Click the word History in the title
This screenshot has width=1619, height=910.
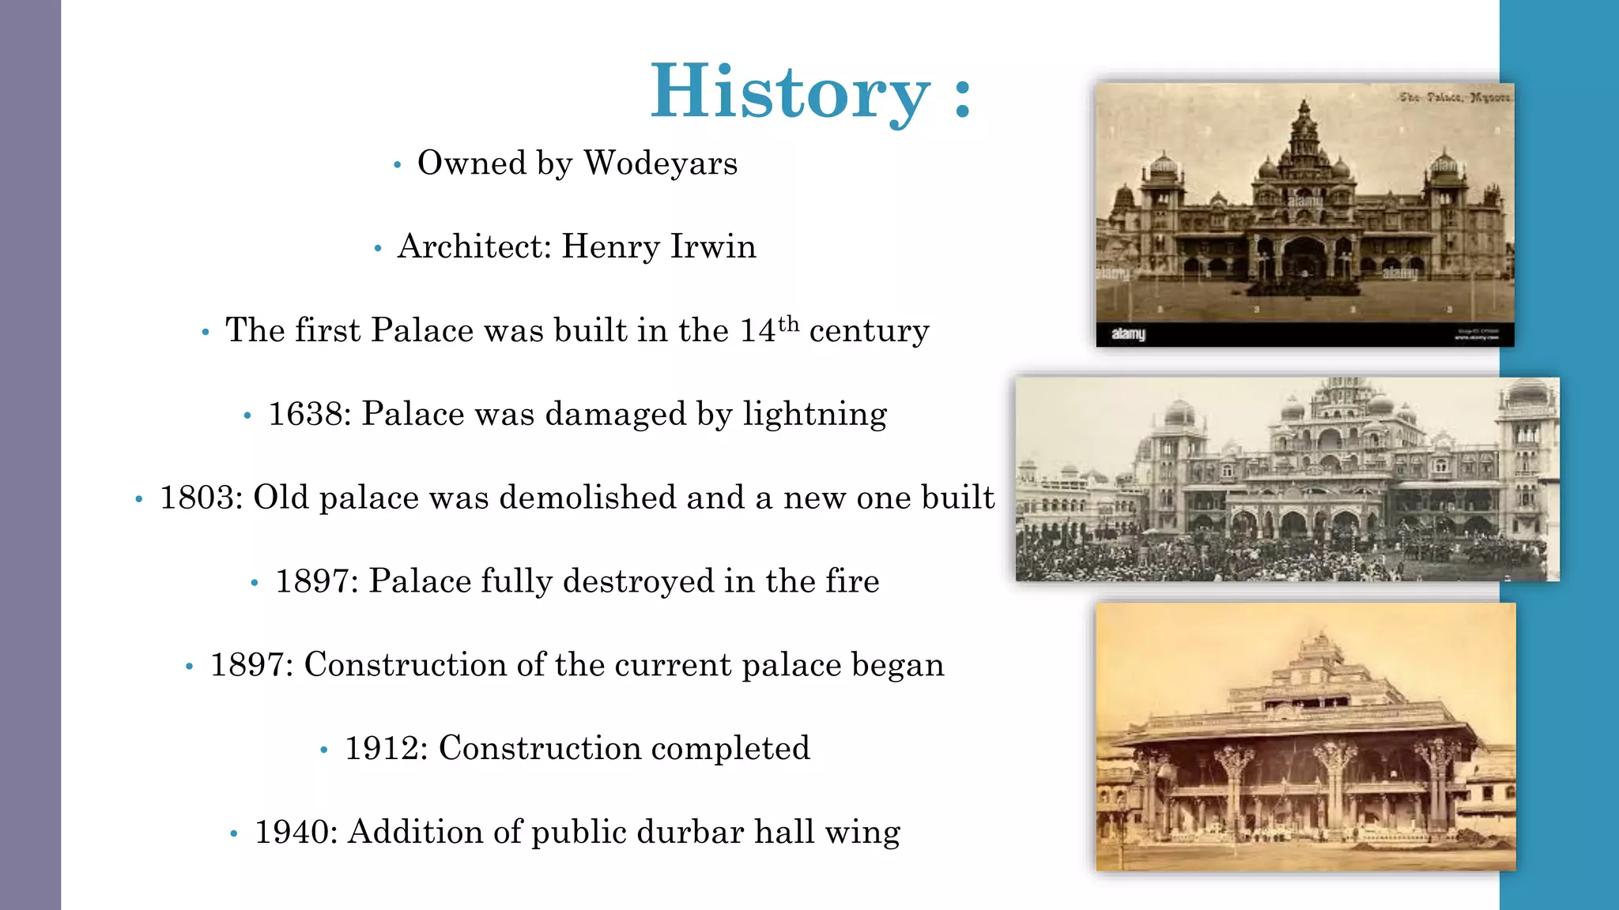pos(790,92)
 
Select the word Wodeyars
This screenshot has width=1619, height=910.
pos(660,164)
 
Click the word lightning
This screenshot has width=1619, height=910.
pos(814,414)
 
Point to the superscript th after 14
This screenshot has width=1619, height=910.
pos(788,324)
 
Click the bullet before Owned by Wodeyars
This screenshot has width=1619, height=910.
pos(398,165)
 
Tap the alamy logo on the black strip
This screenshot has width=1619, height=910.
pos(1128,334)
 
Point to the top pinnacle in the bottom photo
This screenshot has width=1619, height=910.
pos(1321,638)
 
